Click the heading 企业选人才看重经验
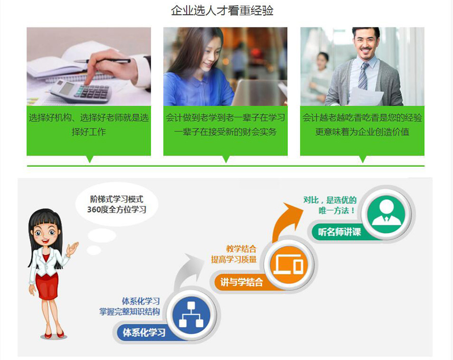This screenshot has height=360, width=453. click(222, 11)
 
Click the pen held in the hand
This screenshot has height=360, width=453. click(103, 61)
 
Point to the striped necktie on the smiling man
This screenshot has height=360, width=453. click(363, 75)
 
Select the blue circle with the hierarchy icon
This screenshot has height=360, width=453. click(191, 315)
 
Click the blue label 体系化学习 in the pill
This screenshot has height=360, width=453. click(144, 332)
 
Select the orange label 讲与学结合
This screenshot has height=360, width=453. click(241, 282)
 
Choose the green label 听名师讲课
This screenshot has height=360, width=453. click(339, 232)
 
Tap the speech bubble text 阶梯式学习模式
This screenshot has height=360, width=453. click(117, 199)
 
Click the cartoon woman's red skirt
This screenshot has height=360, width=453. click(47, 285)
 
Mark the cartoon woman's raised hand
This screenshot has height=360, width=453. click(72, 248)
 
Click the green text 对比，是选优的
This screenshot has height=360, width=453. click(330, 200)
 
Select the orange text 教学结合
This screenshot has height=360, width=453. click(241, 249)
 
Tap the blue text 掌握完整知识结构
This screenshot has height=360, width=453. click(130, 312)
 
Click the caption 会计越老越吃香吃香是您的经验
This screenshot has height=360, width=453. click(362, 117)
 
